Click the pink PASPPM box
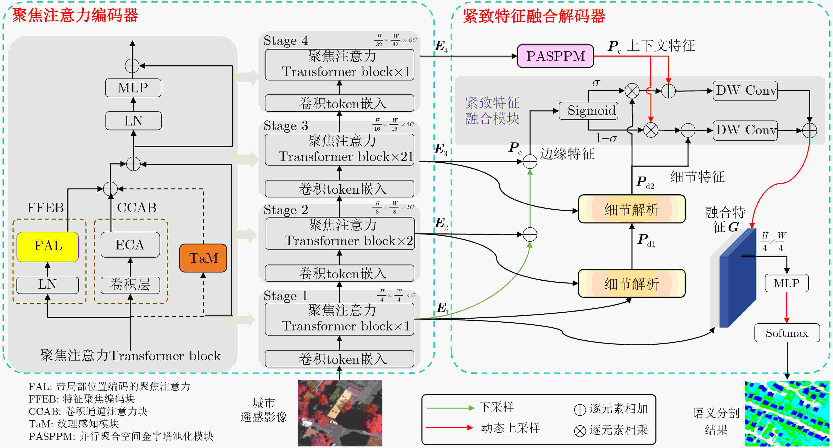(x=555, y=56)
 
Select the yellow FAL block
(x=47, y=246)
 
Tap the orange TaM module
(x=203, y=258)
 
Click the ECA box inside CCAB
(x=130, y=245)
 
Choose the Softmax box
(x=787, y=333)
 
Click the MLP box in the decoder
(x=787, y=283)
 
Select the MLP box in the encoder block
(x=133, y=88)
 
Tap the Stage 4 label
(x=286, y=41)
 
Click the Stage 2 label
(x=286, y=210)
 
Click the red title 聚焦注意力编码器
(x=75, y=15)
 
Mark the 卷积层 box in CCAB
(x=130, y=285)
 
